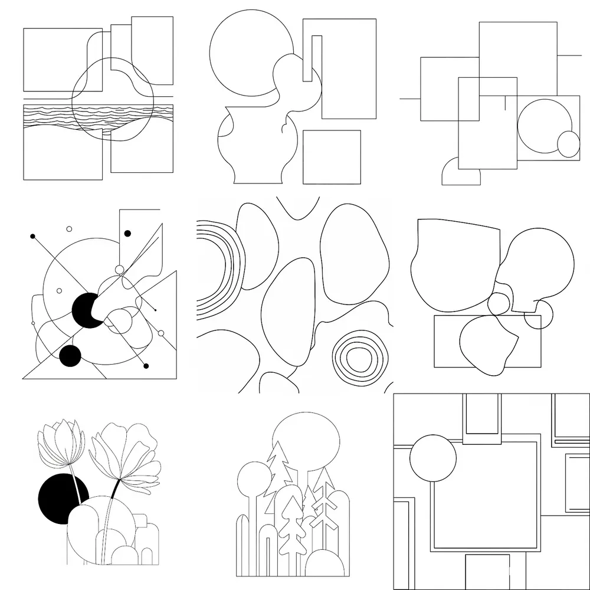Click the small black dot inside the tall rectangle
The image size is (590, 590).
pyautogui.click(x=127, y=234)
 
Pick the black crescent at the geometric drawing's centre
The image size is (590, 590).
pyautogui.click(x=84, y=310)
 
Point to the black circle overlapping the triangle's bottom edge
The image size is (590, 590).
pyautogui.click(x=70, y=356)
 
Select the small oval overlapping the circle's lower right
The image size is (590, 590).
pyautogui.click(x=569, y=144)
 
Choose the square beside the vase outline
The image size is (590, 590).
pyautogui.click(x=332, y=157)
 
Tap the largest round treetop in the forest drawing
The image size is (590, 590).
pyautogui.click(x=306, y=440)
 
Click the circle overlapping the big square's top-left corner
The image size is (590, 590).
pyautogui.click(x=432, y=458)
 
